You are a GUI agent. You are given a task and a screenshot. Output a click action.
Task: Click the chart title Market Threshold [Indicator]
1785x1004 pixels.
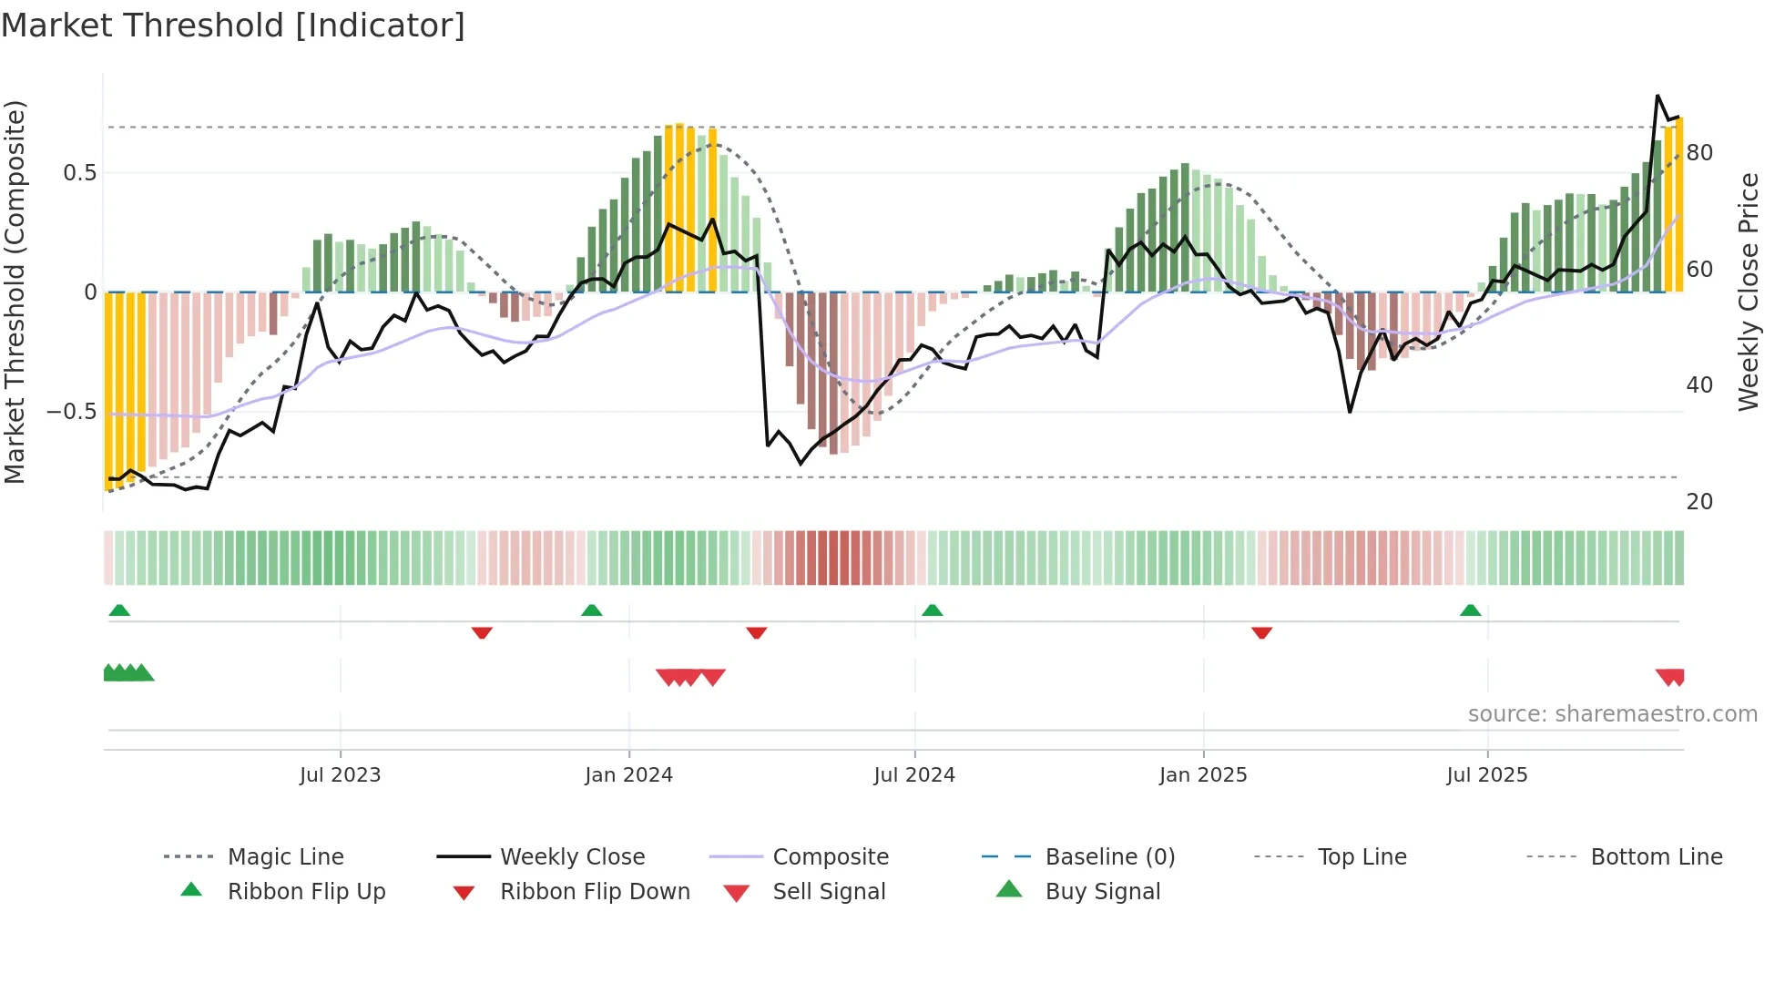click(233, 26)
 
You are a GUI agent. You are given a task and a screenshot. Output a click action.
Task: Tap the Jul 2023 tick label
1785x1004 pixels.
click(340, 775)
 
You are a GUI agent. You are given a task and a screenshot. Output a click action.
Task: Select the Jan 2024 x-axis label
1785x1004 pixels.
click(628, 775)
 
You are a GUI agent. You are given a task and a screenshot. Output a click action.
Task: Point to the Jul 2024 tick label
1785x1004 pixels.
click(914, 775)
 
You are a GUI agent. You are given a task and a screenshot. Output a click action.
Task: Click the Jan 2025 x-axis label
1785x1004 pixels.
click(1203, 775)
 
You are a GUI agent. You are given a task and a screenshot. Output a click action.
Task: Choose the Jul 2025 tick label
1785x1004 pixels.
click(1487, 775)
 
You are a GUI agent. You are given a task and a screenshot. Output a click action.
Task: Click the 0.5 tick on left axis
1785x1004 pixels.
click(79, 173)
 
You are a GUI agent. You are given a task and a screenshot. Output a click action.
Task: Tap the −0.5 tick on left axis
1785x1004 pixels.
click(71, 412)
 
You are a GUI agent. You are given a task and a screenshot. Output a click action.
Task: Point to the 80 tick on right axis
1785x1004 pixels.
click(1699, 153)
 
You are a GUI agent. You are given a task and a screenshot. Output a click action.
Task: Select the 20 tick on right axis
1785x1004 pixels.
click(1699, 502)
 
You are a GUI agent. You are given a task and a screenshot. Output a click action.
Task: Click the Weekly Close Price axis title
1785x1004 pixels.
click(1748, 292)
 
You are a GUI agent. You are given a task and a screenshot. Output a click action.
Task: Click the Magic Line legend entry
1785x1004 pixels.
click(285, 857)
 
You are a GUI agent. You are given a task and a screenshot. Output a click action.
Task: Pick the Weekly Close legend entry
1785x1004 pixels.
click(572, 857)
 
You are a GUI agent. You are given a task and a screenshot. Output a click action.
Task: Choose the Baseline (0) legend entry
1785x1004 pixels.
click(1109, 857)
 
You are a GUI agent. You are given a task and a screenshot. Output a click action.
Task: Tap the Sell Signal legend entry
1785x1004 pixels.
click(828, 892)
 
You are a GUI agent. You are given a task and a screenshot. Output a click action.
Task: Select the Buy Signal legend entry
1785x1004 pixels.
click(1102, 892)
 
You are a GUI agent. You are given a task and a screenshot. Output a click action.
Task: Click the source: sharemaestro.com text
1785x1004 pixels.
click(1612, 714)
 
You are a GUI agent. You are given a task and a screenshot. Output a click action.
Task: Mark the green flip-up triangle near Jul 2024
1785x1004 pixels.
click(932, 610)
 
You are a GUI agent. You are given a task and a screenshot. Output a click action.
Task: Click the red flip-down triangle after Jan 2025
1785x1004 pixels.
click(1261, 632)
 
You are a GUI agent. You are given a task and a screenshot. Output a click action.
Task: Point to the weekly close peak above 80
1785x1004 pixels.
click(1657, 96)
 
